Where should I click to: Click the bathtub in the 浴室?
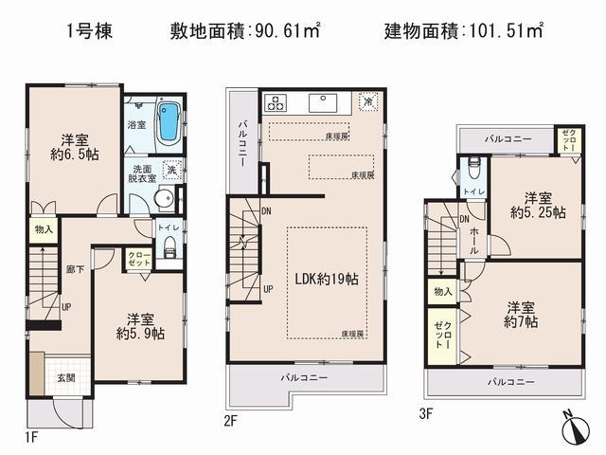pos(170,119)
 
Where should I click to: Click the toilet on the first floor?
pos(170,248)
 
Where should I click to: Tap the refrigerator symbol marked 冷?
pos(367,99)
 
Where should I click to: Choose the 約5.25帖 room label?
pos(537,206)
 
